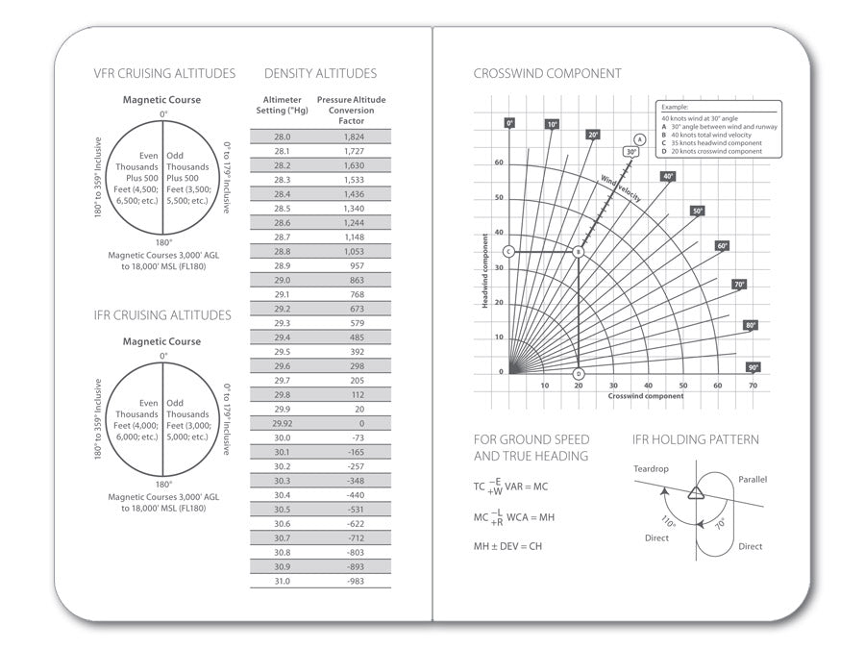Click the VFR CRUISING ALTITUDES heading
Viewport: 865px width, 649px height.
pos(163,73)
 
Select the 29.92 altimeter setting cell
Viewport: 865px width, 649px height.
pos(282,423)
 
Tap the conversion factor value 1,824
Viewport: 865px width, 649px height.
pos(355,137)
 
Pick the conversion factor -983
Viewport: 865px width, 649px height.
pos(355,581)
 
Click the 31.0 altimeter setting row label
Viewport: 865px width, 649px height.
pos(282,581)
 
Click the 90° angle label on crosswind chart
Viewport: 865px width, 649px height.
pos(754,367)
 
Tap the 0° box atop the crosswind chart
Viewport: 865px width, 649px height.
pos(510,123)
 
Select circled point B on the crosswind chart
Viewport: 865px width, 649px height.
pos(579,252)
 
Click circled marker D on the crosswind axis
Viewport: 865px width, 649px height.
pos(579,374)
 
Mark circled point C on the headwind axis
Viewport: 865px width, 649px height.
pos(509,252)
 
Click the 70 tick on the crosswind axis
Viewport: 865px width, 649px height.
pos(753,386)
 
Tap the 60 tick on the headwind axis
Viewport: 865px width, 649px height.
pos(499,162)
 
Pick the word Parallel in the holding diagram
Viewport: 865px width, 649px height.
pos(753,479)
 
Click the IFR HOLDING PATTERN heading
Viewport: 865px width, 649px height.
pos(695,439)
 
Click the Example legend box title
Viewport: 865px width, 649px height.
pos(675,109)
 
